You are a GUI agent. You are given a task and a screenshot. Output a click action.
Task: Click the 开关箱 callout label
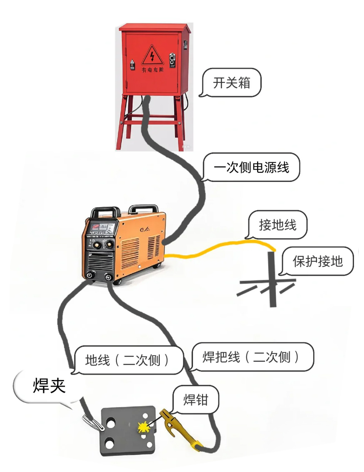tap(232, 83)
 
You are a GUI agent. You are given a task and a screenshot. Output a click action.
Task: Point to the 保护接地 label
tap(317, 261)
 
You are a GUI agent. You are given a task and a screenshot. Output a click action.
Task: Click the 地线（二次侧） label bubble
tap(127, 360)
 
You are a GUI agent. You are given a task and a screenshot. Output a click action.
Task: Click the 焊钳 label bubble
tap(196, 400)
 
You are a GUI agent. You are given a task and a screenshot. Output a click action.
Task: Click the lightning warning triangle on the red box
tap(152, 56)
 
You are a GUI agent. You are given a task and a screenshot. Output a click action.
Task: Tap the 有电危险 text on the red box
tap(153, 70)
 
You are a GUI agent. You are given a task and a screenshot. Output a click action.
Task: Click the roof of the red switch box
tap(154, 27)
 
